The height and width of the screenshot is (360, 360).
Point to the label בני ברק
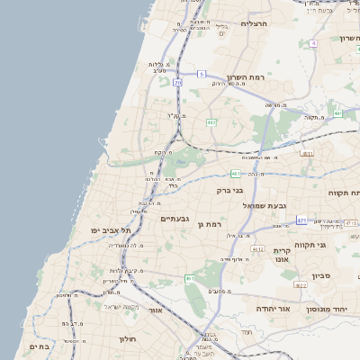[x=231, y=190]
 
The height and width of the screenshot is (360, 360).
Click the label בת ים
[x=39, y=346]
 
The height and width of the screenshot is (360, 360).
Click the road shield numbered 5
[x=202, y=73]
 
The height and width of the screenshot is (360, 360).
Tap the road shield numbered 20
[x=178, y=83]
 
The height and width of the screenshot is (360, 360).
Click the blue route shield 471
[x=301, y=220]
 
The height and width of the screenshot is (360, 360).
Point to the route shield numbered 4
[x=313, y=43]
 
